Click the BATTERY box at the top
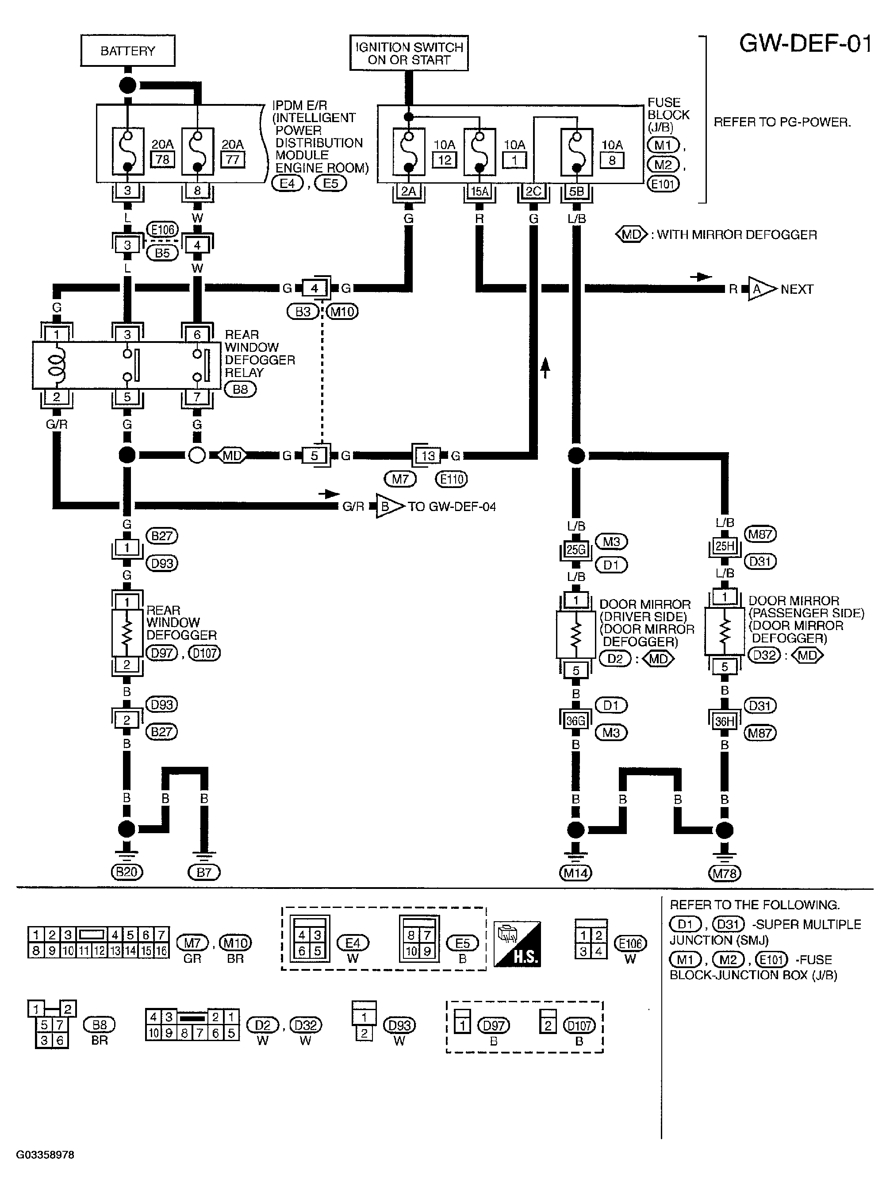(128, 50)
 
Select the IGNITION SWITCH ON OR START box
(409, 53)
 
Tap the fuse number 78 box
(162, 159)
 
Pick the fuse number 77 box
(232, 159)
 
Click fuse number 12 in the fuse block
(445, 160)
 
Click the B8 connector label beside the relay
(240, 389)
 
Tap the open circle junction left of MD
(197, 456)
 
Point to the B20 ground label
(127, 872)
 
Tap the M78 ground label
(725, 873)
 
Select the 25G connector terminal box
(576, 550)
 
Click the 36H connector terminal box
(725, 721)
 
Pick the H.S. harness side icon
(517, 944)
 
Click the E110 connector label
(452, 478)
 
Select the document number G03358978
(45, 1155)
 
